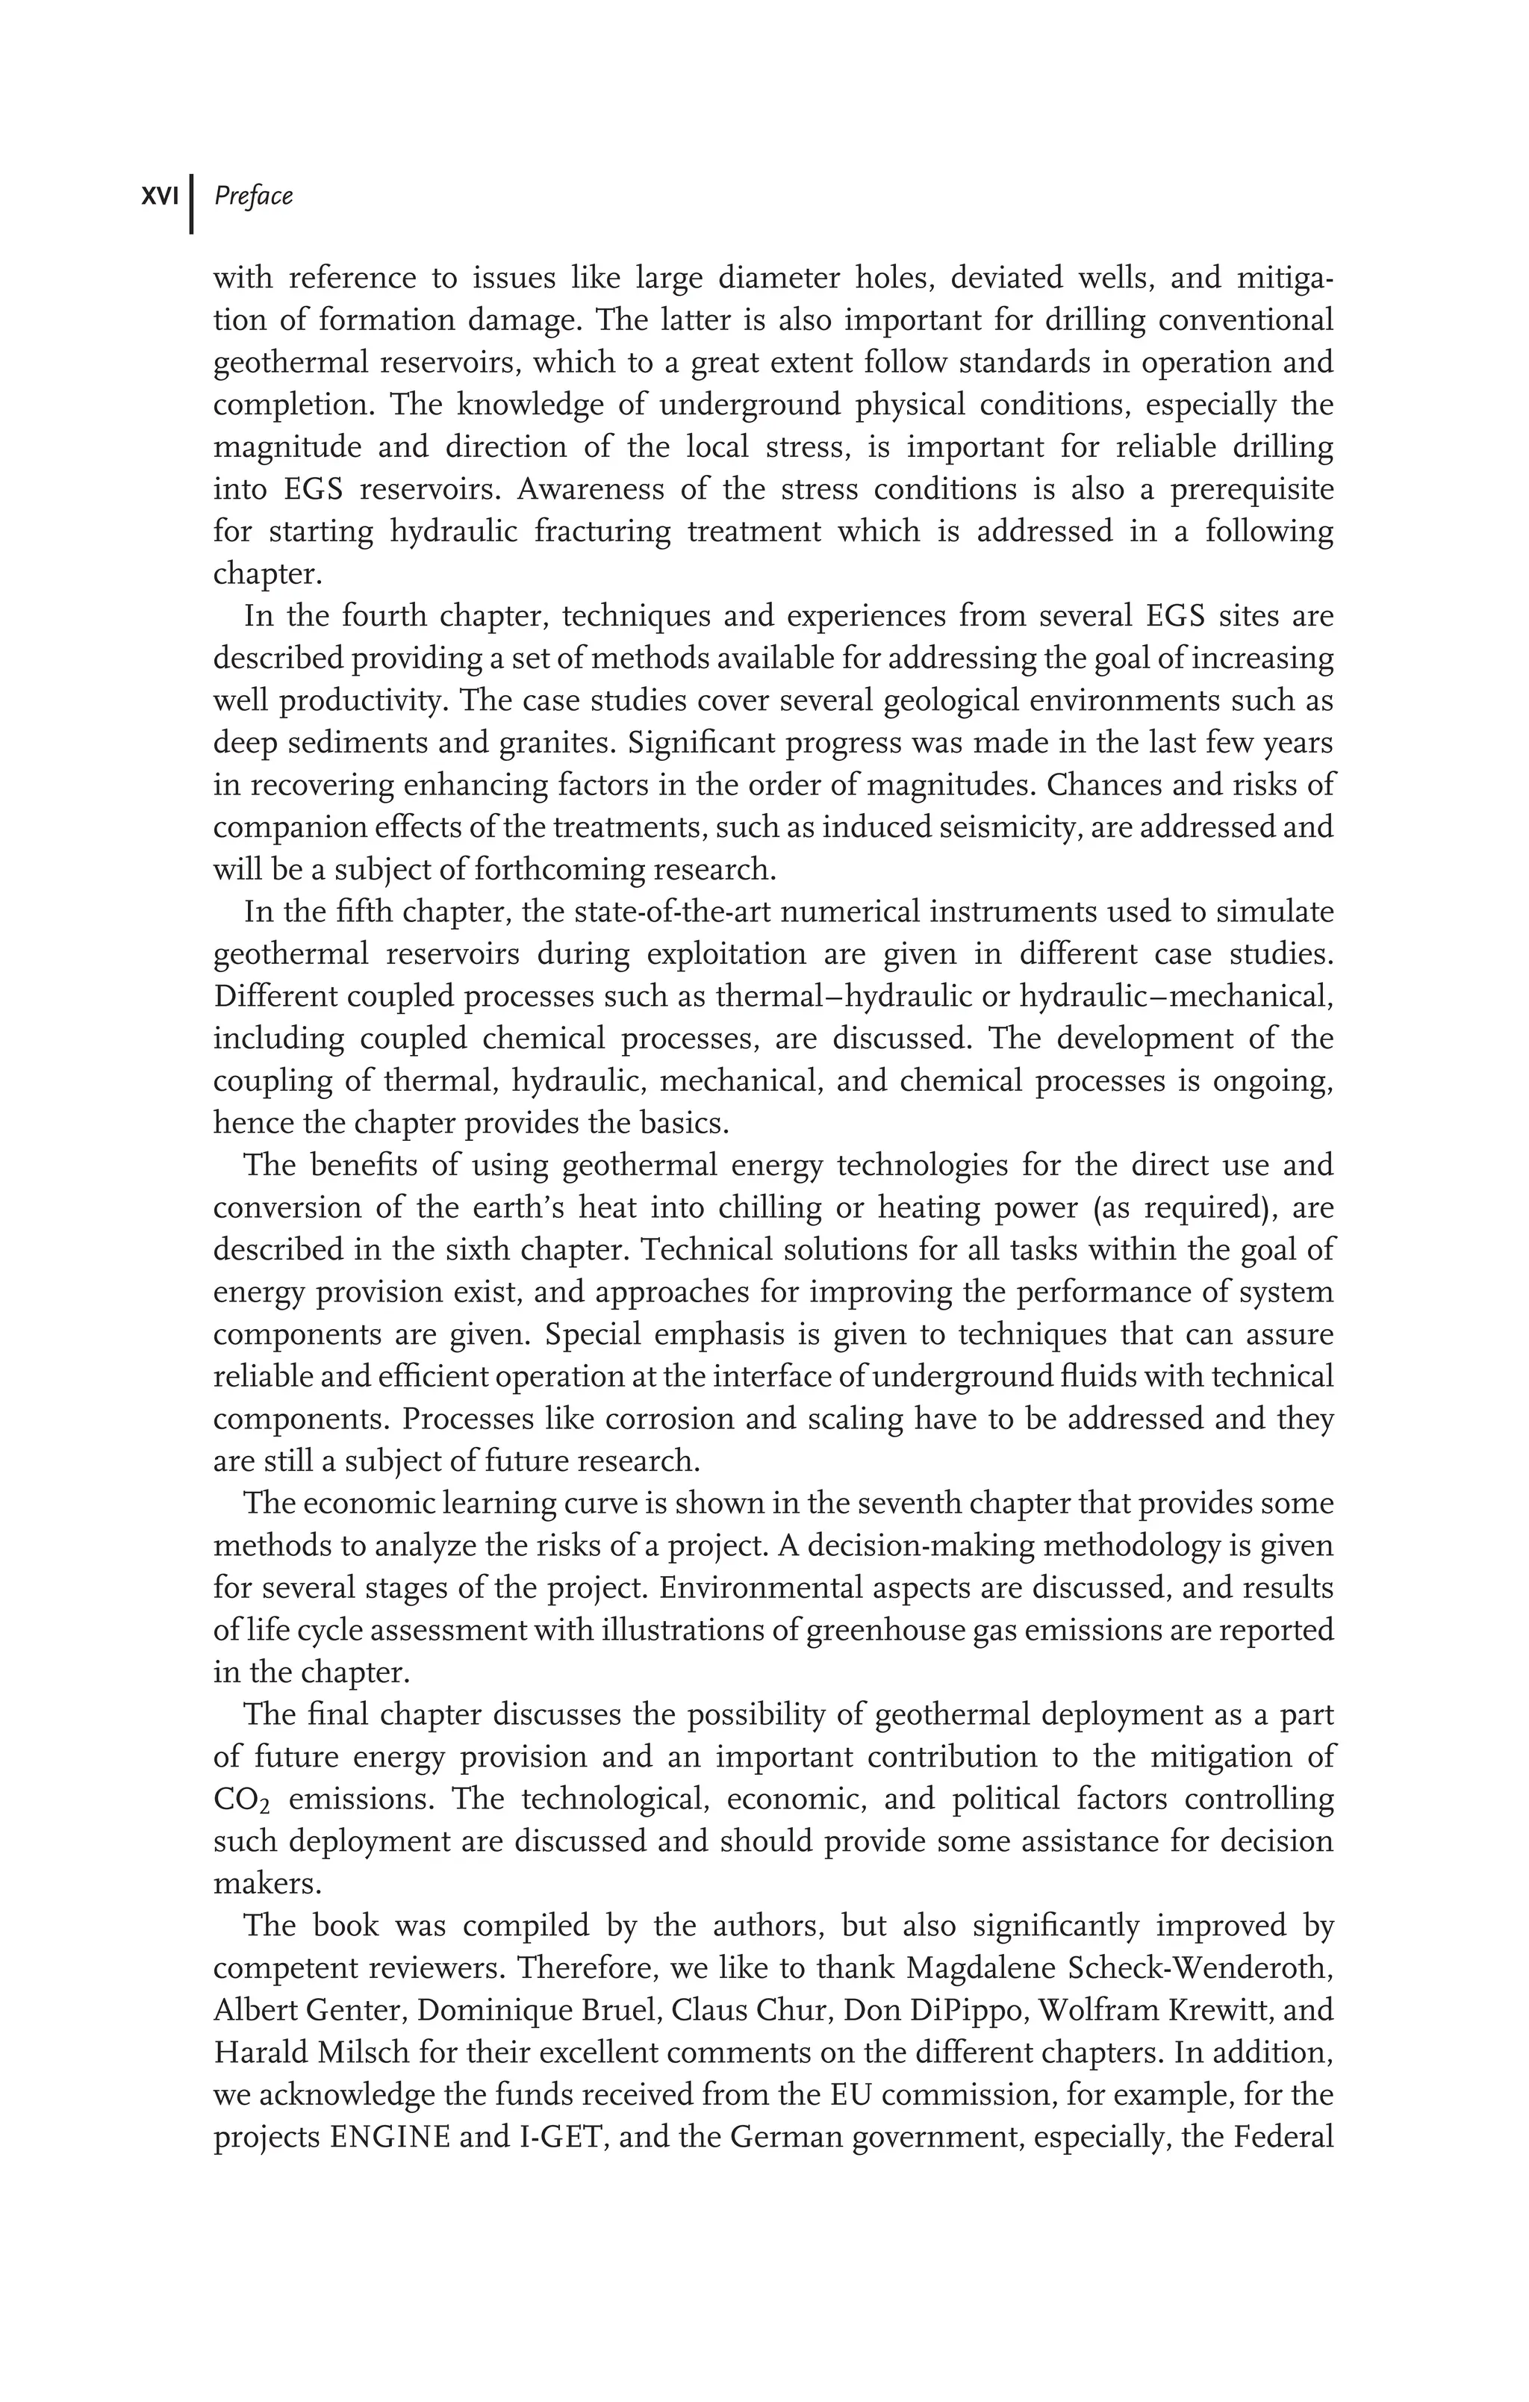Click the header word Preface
(253, 196)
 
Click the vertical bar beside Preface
(192, 204)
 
